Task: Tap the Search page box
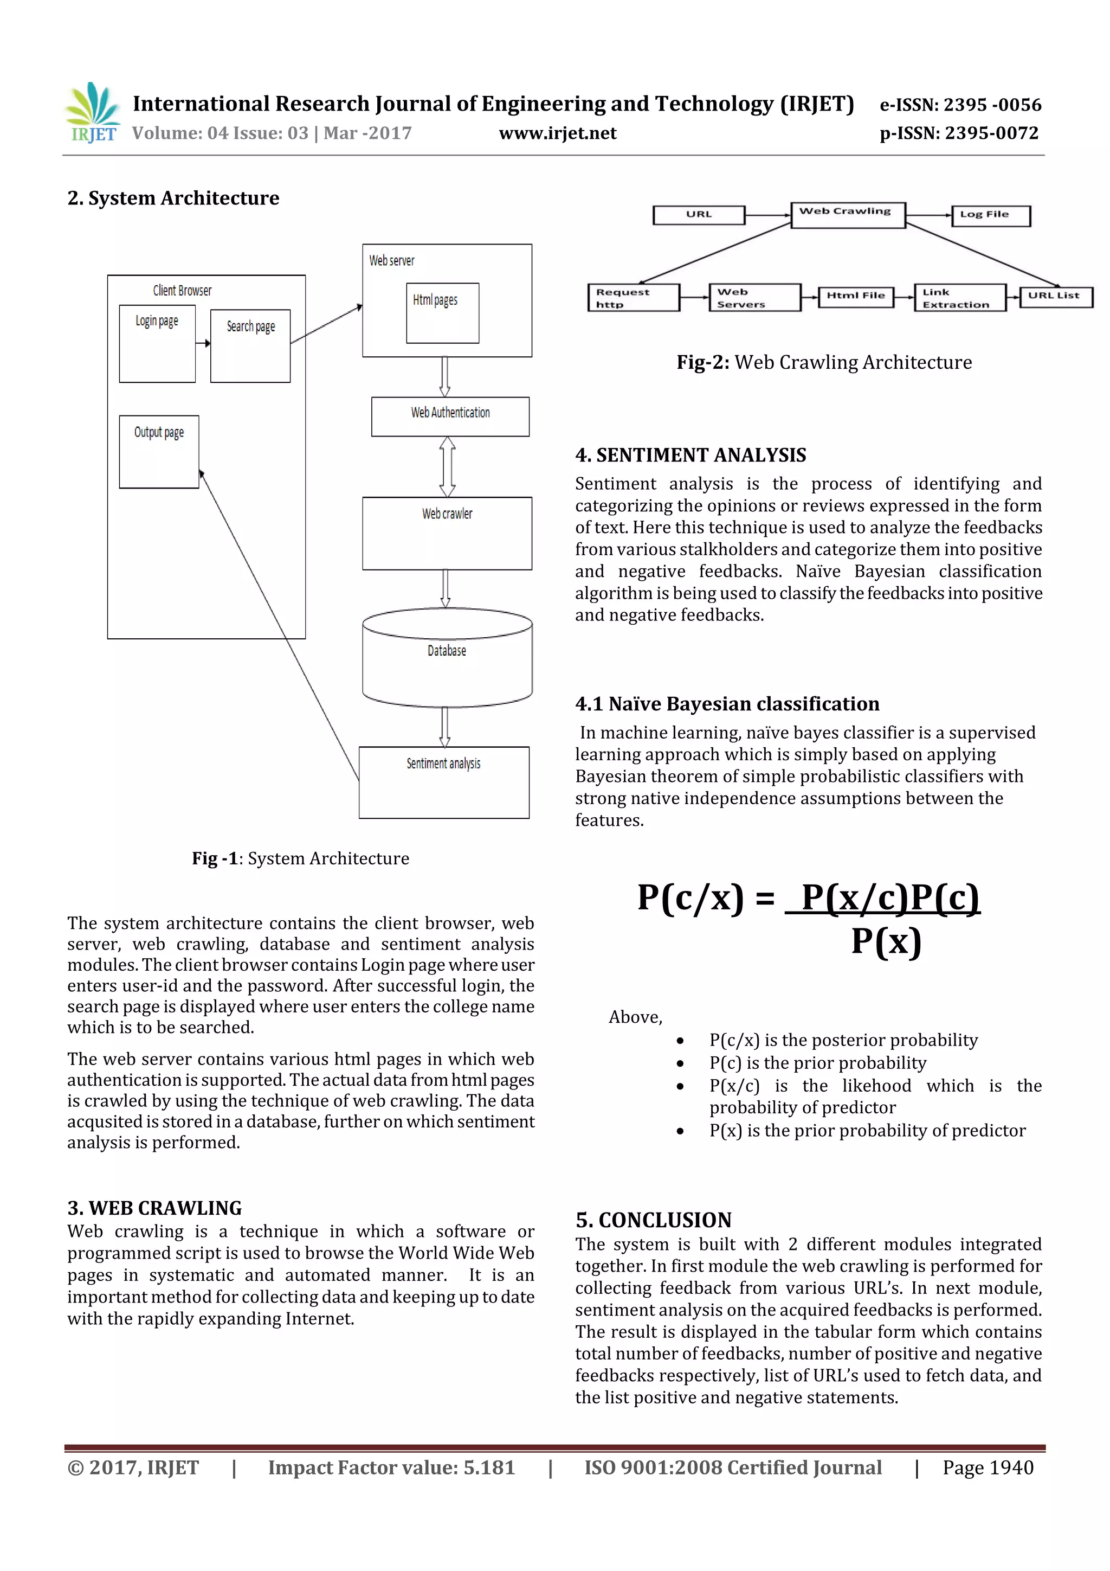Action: (x=250, y=345)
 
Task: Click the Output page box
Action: (x=159, y=452)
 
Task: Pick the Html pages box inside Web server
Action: (x=442, y=313)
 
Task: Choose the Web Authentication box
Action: (x=450, y=416)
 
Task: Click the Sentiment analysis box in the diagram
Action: (x=444, y=781)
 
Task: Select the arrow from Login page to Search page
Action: (x=203, y=343)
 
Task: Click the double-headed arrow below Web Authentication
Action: (x=447, y=467)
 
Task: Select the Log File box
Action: (x=990, y=215)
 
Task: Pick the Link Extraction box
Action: (x=959, y=298)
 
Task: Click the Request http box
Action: (x=633, y=298)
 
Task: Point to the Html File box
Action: (x=856, y=296)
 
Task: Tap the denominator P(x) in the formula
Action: (x=886, y=941)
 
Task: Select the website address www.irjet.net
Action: (x=557, y=133)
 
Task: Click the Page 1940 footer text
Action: (x=988, y=1467)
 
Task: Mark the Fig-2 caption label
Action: (x=703, y=363)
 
